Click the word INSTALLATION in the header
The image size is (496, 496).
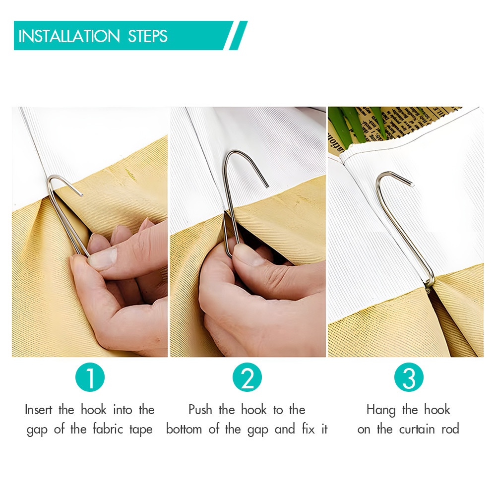[69, 36]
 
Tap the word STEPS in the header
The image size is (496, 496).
[148, 36]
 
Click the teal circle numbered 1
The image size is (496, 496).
[90, 377]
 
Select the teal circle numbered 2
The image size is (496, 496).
[247, 377]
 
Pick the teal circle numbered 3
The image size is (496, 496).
[409, 377]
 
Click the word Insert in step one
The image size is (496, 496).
[39, 410]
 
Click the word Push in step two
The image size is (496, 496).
[200, 410]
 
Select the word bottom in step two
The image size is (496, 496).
[184, 429]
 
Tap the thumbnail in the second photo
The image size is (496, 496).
[248, 254]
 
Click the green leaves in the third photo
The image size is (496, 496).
[358, 124]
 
